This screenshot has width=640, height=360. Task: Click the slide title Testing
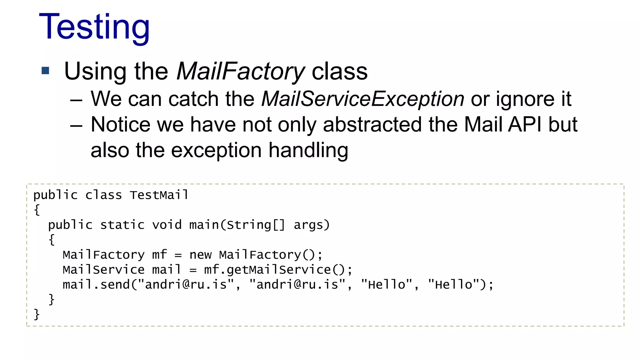pyautogui.click(x=94, y=27)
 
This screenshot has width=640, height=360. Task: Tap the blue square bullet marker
pyautogui.click(x=46, y=71)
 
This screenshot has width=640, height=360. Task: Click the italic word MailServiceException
pyautogui.click(x=362, y=99)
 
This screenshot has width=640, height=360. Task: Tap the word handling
pyautogui.click(x=308, y=151)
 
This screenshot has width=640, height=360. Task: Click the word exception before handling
pyautogui.click(x=216, y=151)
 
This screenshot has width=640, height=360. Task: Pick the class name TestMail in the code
pyautogui.click(x=159, y=195)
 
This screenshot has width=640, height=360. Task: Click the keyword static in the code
pyautogui.click(x=122, y=225)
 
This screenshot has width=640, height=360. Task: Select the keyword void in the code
pyautogui.click(x=167, y=225)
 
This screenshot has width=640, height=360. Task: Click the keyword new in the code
pyautogui.click(x=200, y=255)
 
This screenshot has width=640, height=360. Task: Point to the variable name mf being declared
pyautogui.click(x=159, y=255)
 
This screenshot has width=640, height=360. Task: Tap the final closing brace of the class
pyautogui.click(x=37, y=314)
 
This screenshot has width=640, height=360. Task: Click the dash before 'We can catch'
pyautogui.click(x=76, y=100)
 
